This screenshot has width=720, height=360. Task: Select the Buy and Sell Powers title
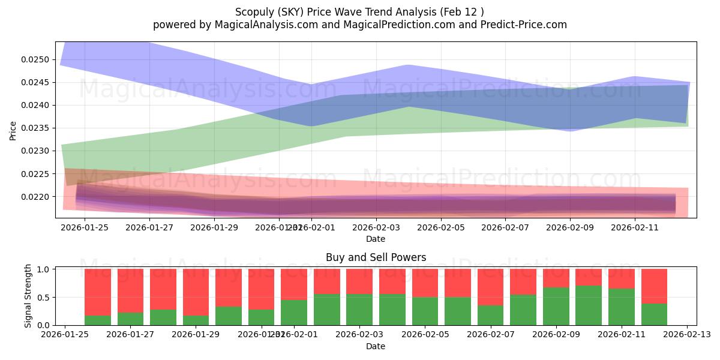click(376, 257)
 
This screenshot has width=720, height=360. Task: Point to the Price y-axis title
click(13, 130)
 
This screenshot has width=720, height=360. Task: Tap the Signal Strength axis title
click(28, 296)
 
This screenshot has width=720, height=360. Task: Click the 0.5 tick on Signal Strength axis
click(44, 297)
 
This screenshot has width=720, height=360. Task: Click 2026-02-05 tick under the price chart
click(440, 228)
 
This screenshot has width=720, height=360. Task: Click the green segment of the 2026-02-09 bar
click(556, 306)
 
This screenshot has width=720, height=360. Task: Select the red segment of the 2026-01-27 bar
click(163, 289)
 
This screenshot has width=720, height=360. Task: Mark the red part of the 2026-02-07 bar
click(490, 287)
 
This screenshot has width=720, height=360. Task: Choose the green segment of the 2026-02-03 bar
click(359, 310)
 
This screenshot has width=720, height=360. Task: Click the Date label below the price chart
click(376, 239)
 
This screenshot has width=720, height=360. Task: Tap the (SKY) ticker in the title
click(287, 11)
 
